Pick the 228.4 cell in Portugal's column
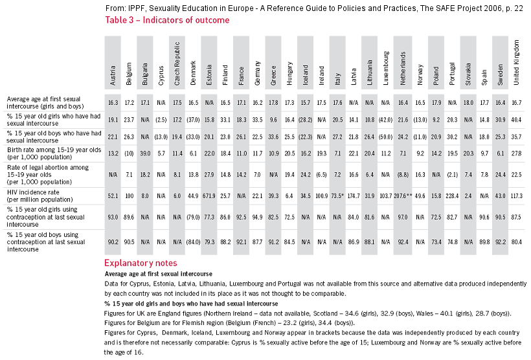coord(453,196)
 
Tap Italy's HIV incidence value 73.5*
coord(337,196)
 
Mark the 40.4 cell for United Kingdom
coord(516,120)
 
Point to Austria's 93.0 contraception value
coord(113,218)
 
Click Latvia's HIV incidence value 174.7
coord(353,196)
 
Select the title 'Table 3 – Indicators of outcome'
coord(166,20)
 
